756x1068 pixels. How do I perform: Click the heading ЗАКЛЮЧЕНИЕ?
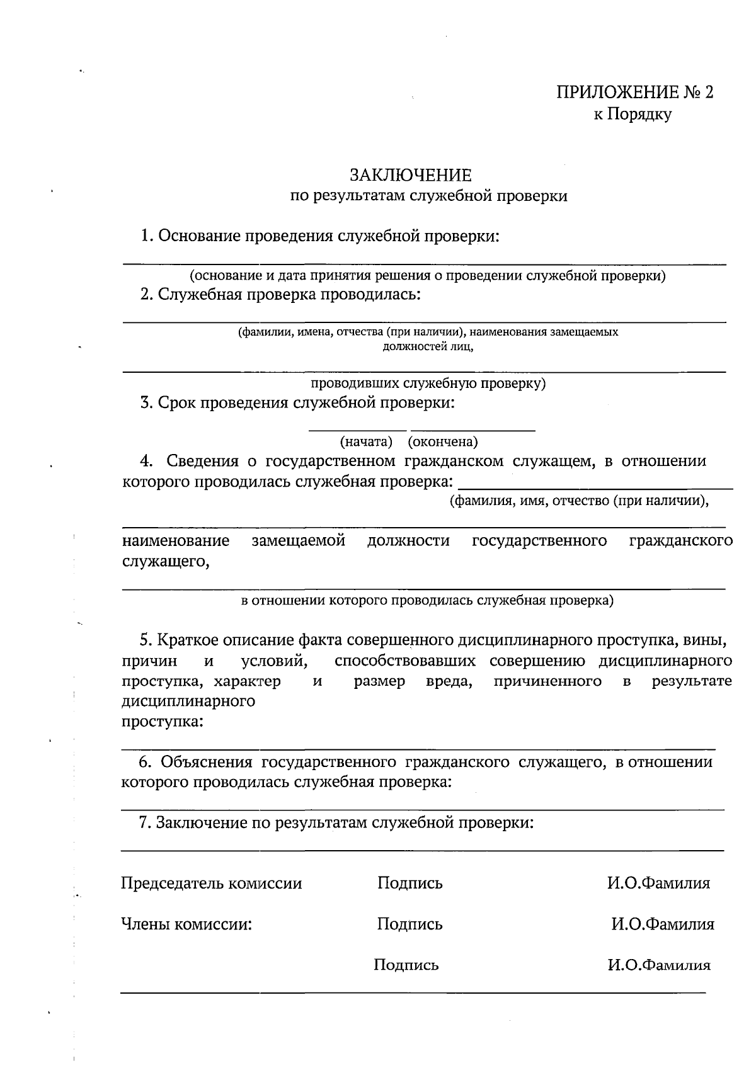pos(410,175)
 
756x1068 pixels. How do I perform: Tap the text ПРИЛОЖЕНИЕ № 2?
pos(635,93)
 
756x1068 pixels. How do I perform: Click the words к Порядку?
pos(633,115)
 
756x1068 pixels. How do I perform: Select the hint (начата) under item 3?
pos(366,441)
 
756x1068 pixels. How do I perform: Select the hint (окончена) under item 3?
pos(443,441)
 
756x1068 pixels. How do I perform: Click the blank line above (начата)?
pos(357,431)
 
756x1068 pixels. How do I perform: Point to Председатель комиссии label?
pos(211,883)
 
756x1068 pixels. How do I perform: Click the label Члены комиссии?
pos(186,924)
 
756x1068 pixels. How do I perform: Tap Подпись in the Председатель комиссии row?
pos(410,883)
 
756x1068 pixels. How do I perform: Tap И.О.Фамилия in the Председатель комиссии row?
pos(658,883)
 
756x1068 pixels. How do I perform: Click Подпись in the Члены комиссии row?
pos(410,924)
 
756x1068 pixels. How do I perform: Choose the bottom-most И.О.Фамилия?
pos(658,965)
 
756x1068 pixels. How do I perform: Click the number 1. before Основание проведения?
pos(147,236)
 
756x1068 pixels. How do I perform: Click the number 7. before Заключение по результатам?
pos(144,823)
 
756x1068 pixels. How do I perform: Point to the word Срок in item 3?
pos(177,403)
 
